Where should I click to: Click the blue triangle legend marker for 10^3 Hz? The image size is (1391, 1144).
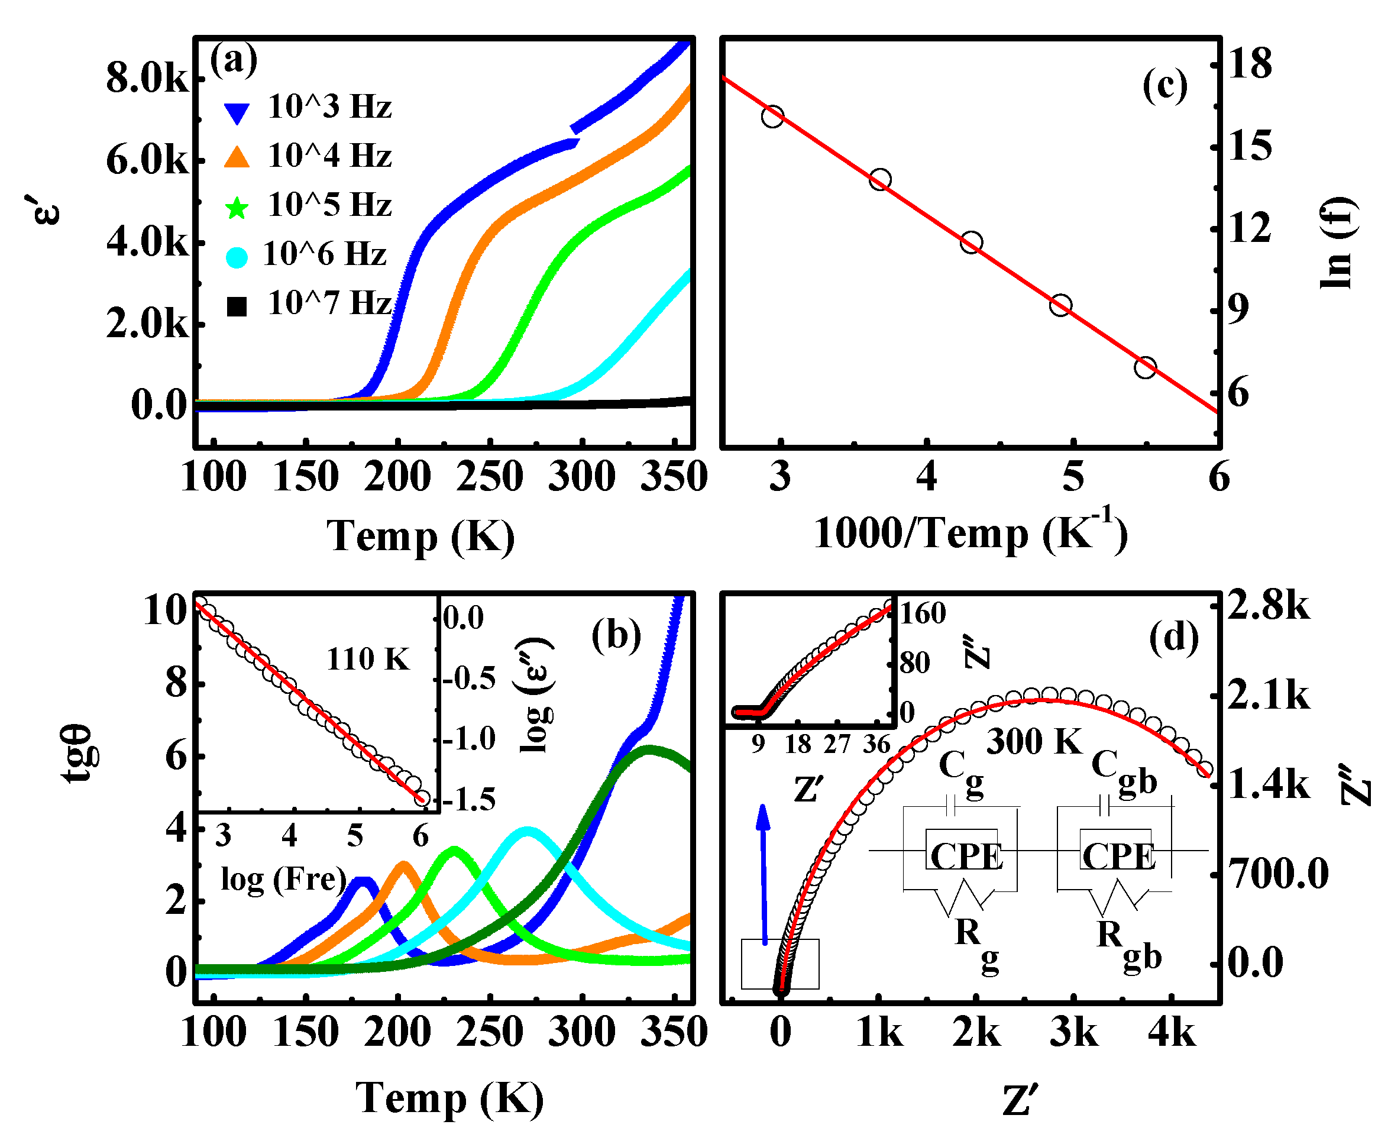click(236, 113)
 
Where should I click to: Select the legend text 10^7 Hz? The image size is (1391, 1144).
click(329, 304)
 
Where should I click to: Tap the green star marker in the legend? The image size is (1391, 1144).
click(236, 209)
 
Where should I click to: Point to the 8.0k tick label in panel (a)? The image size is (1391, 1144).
click(147, 79)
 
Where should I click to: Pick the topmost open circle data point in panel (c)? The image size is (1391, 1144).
click(772, 117)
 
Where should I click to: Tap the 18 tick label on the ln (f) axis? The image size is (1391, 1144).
click(1249, 64)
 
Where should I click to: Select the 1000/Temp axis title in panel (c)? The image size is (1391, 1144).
click(970, 533)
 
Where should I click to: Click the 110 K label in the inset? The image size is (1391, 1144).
click(368, 659)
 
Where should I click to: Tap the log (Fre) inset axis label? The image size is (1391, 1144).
click(283, 880)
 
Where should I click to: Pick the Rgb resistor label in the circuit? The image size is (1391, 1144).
click(1128, 943)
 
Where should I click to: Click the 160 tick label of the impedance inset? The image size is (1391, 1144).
click(922, 613)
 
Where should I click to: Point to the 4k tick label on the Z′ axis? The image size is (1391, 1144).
click(1171, 1033)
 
